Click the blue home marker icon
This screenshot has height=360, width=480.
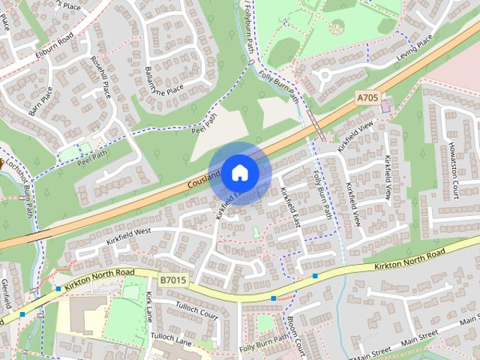[239, 172]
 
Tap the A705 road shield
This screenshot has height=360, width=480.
[367, 97]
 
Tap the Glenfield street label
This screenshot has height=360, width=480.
[6, 293]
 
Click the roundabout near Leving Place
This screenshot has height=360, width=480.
[325, 75]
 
